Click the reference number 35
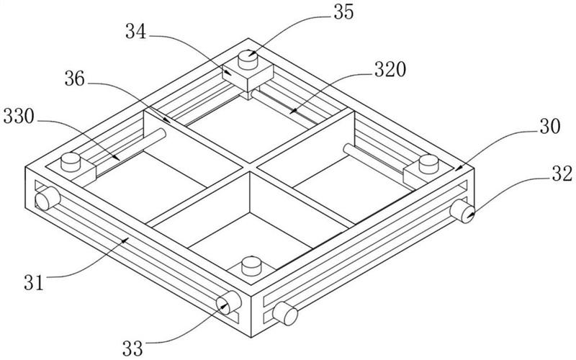pyautogui.click(x=343, y=12)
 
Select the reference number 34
pyautogui.click(x=136, y=32)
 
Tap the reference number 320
pyautogui.click(x=390, y=69)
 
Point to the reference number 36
pyautogui.click(x=75, y=78)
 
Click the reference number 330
pyautogui.click(x=19, y=117)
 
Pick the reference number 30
pyautogui.click(x=550, y=127)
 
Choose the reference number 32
pyautogui.click(x=562, y=174)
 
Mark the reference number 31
pyautogui.click(x=34, y=282)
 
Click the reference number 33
pyautogui.click(x=132, y=348)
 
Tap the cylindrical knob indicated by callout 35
pyautogui.click(x=248, y=60)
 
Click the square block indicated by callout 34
pyautogui.click(x=248, y=76)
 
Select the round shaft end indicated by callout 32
pyautogui.click(x=462, y=210)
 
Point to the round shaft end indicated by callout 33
pyautogui.click(x=228, y=302)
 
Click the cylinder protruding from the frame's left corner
pyautogui.click(x=48, y=199)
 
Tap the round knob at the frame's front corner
pyautogui.click(x=251, y=266)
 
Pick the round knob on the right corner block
pyautogui.click(x=428, y=164)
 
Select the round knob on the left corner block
pyautogui.click(x=71, y=163)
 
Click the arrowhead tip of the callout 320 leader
pyautogui.click(x=289, y=112)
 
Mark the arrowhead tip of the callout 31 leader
pyautogui.click(x=129, y=238)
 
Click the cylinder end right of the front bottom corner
pyautogui.click(x=285, y=313)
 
